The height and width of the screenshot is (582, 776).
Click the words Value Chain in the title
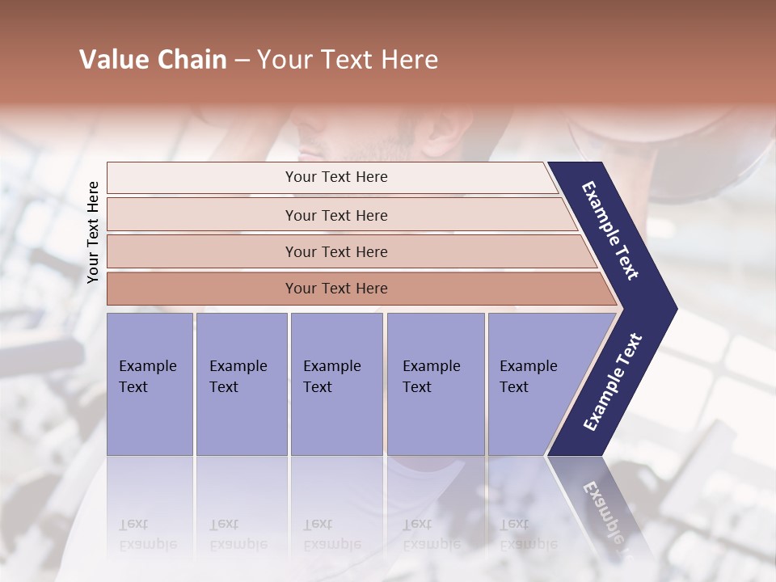(x=153, y=60)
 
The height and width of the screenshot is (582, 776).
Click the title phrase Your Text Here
(x=348, y=60)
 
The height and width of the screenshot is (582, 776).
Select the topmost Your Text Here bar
(x=336, y=177)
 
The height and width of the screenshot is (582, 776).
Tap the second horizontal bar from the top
(x=336, y=215)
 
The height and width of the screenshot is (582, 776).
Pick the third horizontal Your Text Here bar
(x=336, y=251)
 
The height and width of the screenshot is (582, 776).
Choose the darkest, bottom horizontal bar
(x=336, y=289)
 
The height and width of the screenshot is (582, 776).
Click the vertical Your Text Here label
(x=93, y=232)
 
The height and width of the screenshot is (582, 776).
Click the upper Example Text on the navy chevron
(x=611, y=231)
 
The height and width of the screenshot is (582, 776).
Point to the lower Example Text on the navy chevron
(x=613, y=382)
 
